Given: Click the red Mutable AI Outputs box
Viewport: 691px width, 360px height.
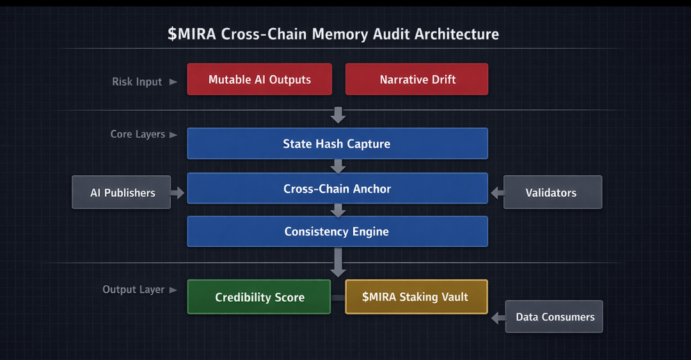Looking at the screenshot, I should point(259,79).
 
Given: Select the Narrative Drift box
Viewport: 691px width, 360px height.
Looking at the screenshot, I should point(417,79).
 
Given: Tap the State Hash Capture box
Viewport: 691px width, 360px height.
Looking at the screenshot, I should point(337,144).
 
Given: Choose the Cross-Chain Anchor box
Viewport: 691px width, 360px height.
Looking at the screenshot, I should point(337,189).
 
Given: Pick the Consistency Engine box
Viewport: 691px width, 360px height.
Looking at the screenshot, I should point(337,231).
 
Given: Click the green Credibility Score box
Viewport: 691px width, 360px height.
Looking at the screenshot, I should point(259,297).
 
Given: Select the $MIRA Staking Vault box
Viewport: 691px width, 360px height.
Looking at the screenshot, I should point(416,297).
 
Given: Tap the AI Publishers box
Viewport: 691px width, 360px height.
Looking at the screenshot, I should point(122,192).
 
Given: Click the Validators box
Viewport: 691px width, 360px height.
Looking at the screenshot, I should point(552,192).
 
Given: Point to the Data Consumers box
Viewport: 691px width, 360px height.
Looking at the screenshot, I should point(554,317).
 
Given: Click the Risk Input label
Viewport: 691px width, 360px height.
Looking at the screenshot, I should point(137,82).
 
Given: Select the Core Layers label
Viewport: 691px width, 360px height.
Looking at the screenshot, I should point(138,134).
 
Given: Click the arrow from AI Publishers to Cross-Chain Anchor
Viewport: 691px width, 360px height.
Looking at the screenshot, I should point(179,191).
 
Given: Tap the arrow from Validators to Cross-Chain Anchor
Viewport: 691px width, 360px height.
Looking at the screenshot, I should point(497,191).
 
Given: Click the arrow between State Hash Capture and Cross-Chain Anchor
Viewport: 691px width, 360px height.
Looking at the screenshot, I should point(338,166).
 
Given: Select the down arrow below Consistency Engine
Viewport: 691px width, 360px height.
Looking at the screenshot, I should point(338,262).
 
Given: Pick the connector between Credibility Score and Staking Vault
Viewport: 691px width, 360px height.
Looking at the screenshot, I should point(338,297).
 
